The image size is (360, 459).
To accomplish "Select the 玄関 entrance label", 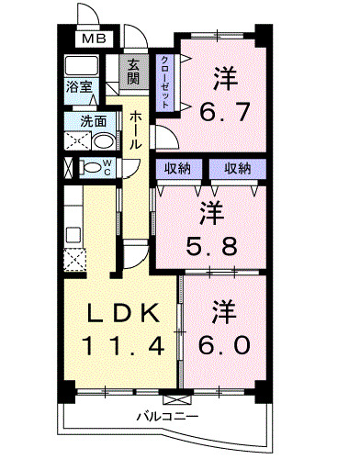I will [134, 73].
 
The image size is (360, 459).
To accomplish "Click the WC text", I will [107, 167].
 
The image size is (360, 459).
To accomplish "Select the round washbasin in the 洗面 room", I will [103, 141].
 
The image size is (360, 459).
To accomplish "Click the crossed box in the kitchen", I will [74, 258].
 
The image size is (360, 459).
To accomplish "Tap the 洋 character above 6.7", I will [223, 78].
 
